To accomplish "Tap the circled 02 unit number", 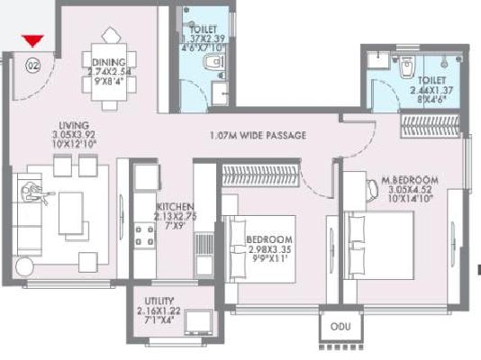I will pos(33,65).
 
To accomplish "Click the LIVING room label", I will pos(74,127).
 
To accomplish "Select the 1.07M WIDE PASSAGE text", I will pos(258,136).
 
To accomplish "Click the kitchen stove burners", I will pos(143,235).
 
